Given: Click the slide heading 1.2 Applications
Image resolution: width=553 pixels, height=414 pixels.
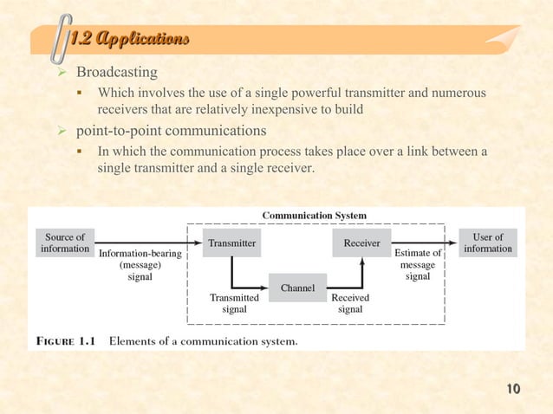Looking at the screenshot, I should pos(127,39).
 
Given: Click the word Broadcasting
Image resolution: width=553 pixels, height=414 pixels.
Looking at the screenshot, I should pos(117,72).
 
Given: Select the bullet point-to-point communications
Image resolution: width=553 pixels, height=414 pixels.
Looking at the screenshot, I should pos(170,131).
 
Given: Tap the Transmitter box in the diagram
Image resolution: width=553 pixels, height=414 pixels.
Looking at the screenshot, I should pos(231,243).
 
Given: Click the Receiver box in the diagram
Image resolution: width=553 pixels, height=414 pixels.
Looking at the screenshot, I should pos(361,243).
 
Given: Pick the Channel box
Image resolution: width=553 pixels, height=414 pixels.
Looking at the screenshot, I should pos(296,288).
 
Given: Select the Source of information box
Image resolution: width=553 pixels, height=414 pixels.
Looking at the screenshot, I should pos(65,243).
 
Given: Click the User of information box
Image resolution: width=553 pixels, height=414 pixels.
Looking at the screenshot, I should pos(487,243).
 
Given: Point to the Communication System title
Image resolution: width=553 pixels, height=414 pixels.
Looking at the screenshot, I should pos(314,215).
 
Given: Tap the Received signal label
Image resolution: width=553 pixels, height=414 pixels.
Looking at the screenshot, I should pos(350,302).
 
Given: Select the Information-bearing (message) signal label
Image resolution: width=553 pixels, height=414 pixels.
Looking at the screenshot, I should pos(140,266).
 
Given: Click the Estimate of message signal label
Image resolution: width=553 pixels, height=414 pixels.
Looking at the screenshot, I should pos(418,265).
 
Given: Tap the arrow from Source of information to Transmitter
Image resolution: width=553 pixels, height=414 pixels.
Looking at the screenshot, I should pos(147,243).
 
